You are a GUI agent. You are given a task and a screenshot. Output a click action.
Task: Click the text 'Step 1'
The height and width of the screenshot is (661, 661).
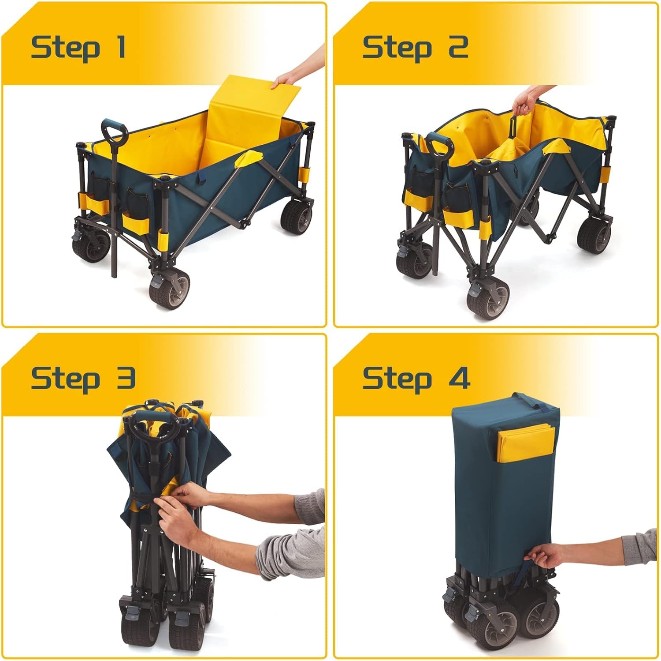[78, 47]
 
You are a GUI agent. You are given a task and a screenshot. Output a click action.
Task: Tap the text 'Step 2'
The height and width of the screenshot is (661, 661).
[415, 47]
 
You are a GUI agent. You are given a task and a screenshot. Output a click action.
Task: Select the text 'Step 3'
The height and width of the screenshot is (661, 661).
[83, 379]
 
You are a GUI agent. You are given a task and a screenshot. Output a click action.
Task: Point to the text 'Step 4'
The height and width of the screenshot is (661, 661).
[416, 379]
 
